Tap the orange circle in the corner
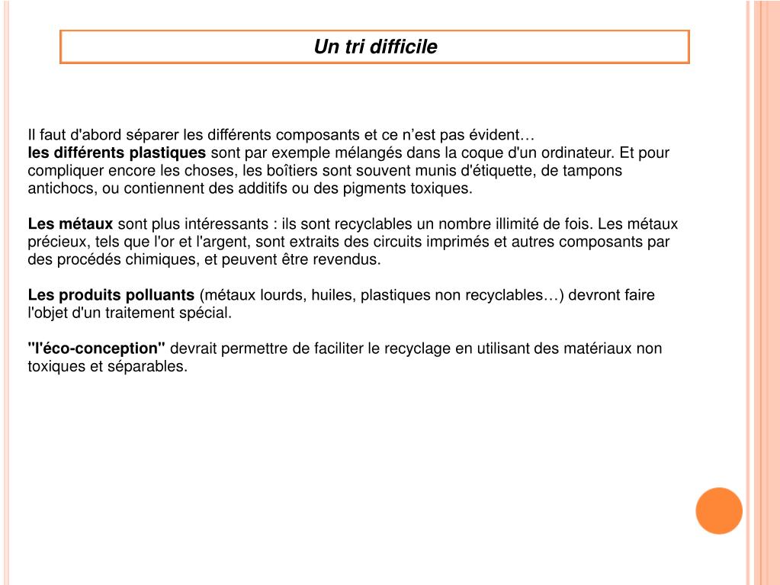[719, 510]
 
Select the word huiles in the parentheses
[332, 295]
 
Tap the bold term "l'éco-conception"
[97, 349]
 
